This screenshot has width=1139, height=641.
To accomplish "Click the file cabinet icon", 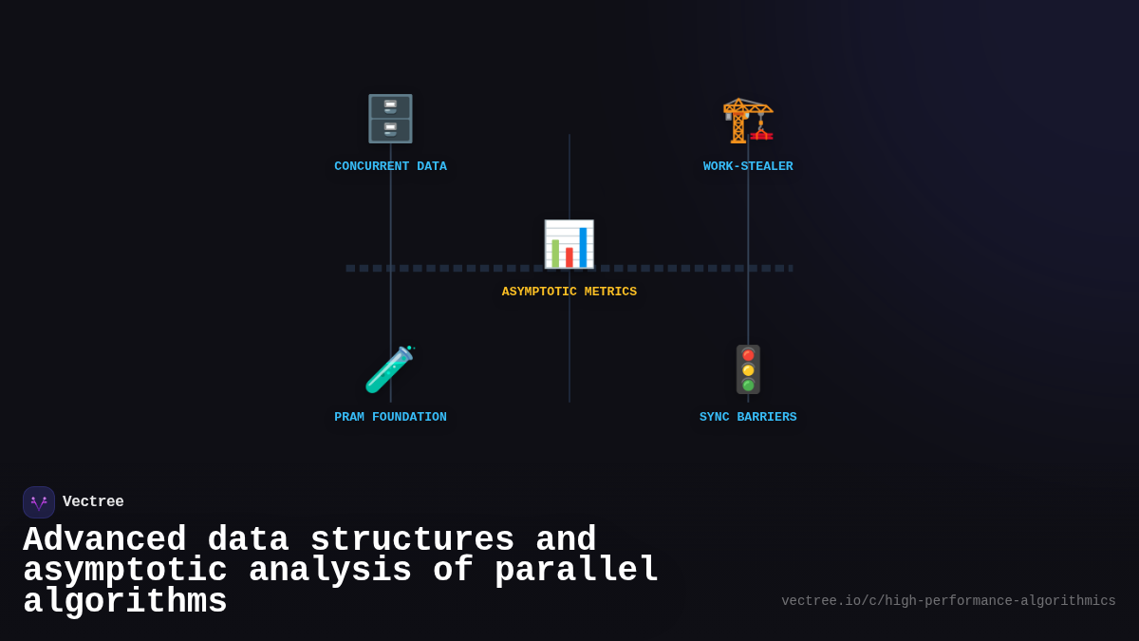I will pyautogui.click(x=390, y=119).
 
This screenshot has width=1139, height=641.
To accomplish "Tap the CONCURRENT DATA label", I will pyautogui.click(x=390, y=166).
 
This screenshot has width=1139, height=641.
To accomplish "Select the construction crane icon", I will pyautogui.click(x=748, y=120).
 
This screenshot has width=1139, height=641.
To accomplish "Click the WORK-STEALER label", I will pyautogui.click(x=748, y=166).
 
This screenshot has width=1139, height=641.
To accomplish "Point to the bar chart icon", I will pyautogui.click(x=569, y=245).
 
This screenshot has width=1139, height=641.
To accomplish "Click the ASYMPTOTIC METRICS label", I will pyautogui.click(x=569, y=292).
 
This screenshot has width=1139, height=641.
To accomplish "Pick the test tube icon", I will pyautogui.click(x=389, y=370).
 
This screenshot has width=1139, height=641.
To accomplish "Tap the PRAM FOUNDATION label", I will pyautogui.click(x=390, y=417).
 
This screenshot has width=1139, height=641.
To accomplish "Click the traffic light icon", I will pyautogui.click(x=748, y=369).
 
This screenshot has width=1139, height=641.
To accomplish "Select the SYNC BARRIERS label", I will pyautogui.click(x=748, y=417).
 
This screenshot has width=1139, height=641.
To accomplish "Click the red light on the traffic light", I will pyautogui.click(x=748, y=355).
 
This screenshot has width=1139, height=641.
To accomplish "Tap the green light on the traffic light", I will pyautogui.click(x=748, y=385).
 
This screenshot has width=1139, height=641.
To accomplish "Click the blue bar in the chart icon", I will pyautogui.click(x=583, y=247).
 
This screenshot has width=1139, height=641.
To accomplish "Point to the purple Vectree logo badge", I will pyautogui.click(x=39, y=502).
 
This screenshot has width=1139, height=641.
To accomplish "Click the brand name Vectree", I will pyautogui.click(x=93, y=501).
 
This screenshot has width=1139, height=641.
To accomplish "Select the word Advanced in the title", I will pyautogui.click(x=104, y=540).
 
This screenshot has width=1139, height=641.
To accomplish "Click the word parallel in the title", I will pyautogui.click(x=576, y=571).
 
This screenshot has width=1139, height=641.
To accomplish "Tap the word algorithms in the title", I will pyautogui.click(x=124, y=602).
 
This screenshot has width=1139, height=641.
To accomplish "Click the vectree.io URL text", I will pyautogui.click(x=948, y=601).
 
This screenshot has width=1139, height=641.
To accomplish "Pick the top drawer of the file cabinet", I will pyautogui.click(x=390, y=106).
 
